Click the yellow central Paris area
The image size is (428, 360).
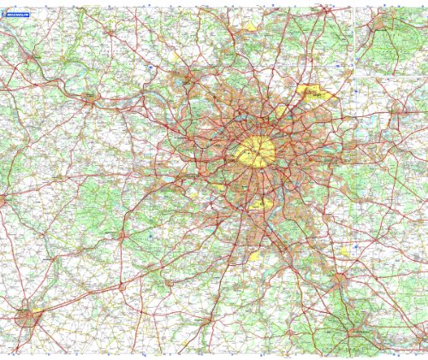click(256, 151)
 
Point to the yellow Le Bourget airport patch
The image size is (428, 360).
click(282, 111)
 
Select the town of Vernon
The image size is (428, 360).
click(32, 57)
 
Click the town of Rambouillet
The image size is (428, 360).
click(122, 233)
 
